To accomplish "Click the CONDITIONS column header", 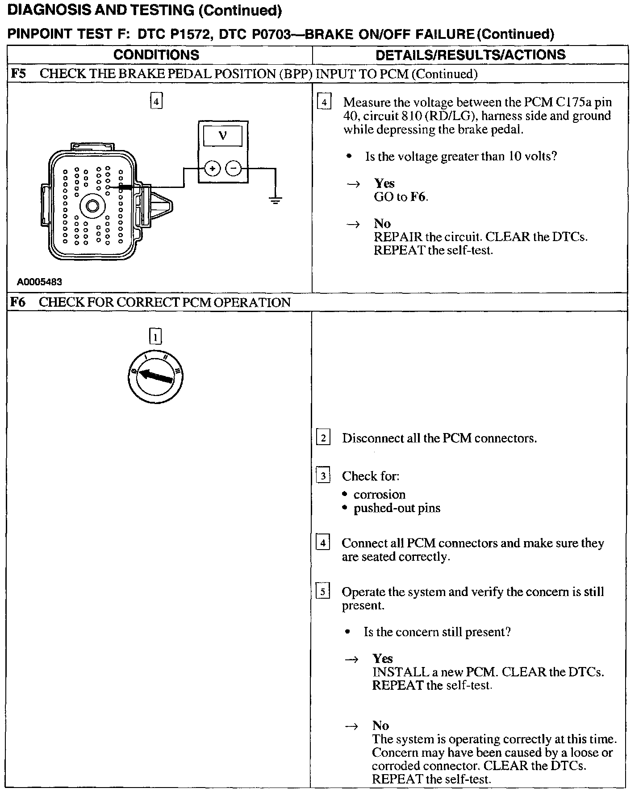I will click(156, 55).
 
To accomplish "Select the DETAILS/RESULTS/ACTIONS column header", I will click(470, 55).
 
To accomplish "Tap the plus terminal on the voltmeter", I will click(213, 169).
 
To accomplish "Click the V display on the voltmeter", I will click(223, 136).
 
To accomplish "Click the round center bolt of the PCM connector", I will click(92, 206).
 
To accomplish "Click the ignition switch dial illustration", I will click(155, 376).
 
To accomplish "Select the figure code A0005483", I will click(39, 282).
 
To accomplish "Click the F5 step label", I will click(18, 74).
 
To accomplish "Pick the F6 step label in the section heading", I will click(18, 302).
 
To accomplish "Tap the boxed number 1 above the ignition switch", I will click(155, 337).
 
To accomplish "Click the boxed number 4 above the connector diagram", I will click(156, 101).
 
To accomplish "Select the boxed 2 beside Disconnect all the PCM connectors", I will click(323, 438).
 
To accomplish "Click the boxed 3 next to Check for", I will click(323, 476).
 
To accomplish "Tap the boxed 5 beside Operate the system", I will click(322, 592).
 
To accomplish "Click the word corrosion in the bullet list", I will click(379, 495).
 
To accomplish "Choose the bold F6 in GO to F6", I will click(418, 197).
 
